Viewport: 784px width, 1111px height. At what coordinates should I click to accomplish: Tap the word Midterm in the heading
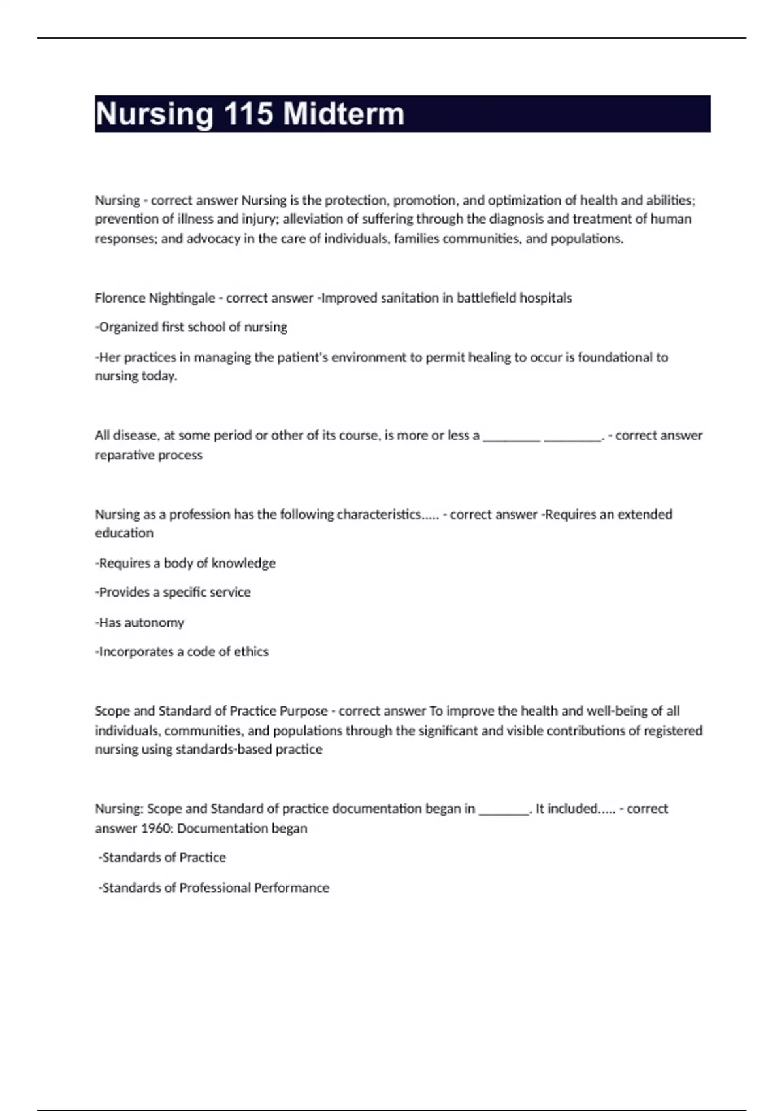(x=344, y=114)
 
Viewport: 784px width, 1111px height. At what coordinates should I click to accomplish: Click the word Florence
(x=120, y=298)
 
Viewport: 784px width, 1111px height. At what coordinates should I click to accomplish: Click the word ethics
(x=251, y=652)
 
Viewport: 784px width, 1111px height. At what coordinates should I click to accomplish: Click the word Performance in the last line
(x=291, y=887)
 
